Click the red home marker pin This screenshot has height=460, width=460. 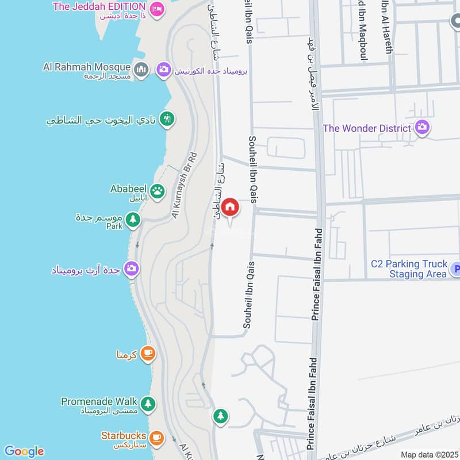tap(230, 207)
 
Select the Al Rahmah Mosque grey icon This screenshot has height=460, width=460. tap(141, 70)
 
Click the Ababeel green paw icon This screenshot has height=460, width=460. tap(157, 190)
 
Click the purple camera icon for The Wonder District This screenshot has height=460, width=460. tap(422, 128)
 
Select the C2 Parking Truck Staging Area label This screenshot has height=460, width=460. tap(409, 269)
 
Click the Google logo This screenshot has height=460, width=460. tap(24, 451)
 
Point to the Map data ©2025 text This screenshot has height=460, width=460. tap(428, 454)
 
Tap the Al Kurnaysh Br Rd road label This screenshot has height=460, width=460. tap(184, 185)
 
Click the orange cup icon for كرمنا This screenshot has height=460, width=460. tap(148, 354)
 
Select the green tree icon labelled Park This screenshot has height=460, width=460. tap(133, 220)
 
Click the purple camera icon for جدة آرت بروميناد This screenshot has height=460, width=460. tap(132, 268)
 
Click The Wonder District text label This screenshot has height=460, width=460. tap(367, 128)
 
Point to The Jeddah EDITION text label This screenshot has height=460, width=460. tap(98, 7)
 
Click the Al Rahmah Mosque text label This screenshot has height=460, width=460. tap(86, 67)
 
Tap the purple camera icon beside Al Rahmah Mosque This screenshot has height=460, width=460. tap(164, 70)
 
